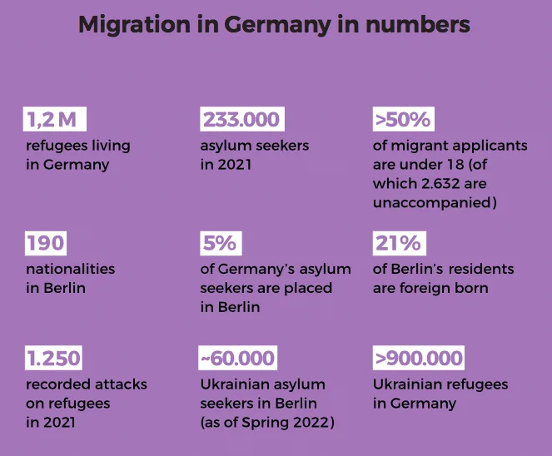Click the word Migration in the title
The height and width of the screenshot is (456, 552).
134,25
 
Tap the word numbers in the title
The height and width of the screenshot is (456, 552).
417,24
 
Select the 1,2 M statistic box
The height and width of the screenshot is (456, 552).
55,119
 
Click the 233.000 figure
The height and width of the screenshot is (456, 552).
242,119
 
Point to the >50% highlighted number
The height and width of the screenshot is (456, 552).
404,119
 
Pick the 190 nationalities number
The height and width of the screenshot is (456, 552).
46,243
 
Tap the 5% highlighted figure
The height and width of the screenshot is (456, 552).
221,243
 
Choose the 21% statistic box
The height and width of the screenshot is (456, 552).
399,243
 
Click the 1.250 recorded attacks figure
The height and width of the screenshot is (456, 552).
53,358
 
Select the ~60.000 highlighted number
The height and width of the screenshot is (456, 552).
237,358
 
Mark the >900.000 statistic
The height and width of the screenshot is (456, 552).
419,358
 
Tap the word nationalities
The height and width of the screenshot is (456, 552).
71,269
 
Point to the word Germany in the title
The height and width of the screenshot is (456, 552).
278,25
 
